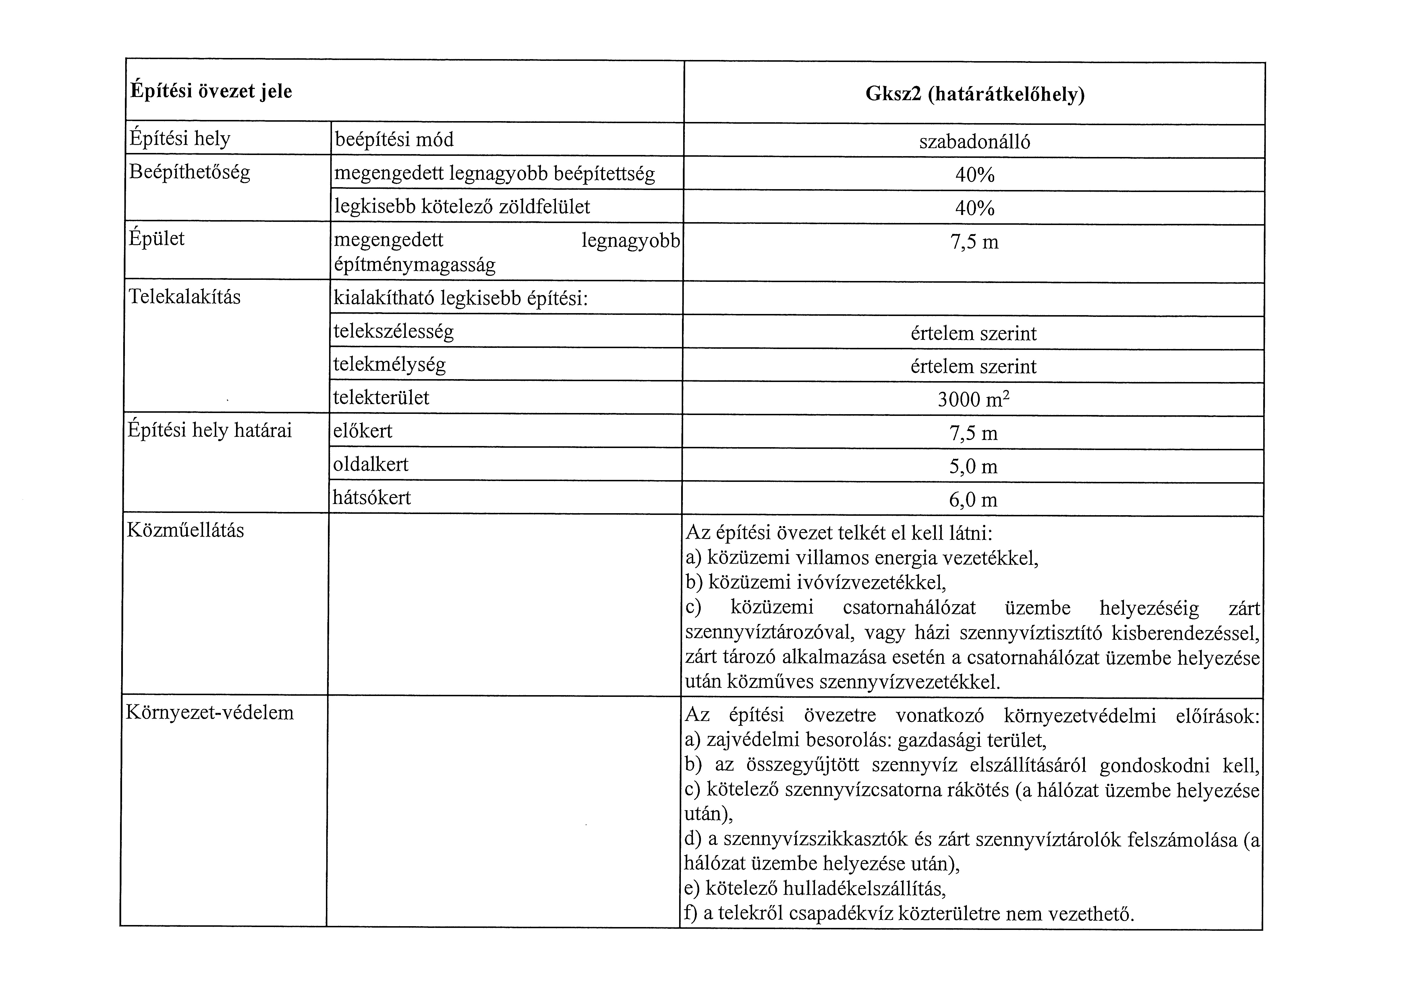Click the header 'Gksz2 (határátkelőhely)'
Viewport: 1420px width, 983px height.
[x=975, y=94]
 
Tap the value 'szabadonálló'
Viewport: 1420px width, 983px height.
[x=975, y=142]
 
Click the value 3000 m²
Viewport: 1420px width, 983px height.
[x=973, y=400]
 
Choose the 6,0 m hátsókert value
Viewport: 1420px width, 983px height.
[x=973, y=499]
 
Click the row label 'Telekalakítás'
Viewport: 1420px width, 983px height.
[x=185, y=297]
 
